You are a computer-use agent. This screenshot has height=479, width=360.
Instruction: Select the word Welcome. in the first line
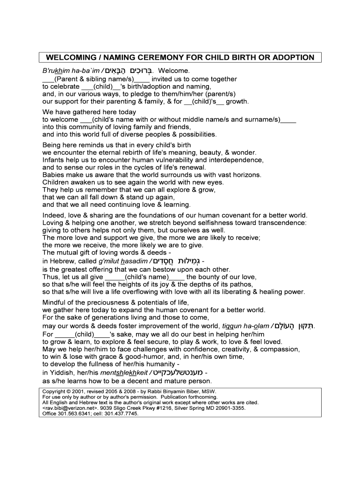(x=174, y=71)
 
